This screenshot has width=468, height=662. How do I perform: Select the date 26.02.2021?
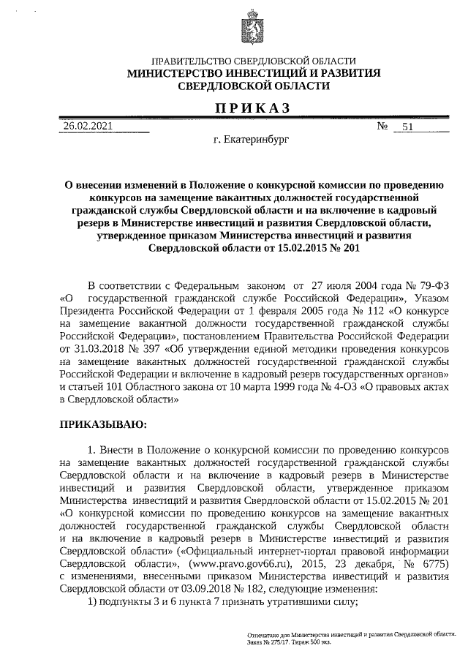tap(88, 126)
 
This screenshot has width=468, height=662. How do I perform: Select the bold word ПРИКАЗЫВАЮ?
tap(102, 424)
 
